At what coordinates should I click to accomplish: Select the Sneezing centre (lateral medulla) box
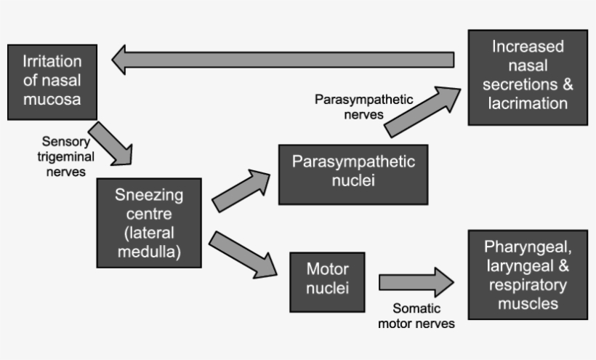click(149, 223)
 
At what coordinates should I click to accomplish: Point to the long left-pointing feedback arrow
click(283, 60)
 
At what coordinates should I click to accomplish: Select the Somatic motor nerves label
click(416, 316)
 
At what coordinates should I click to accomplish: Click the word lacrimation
click(527, 103)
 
